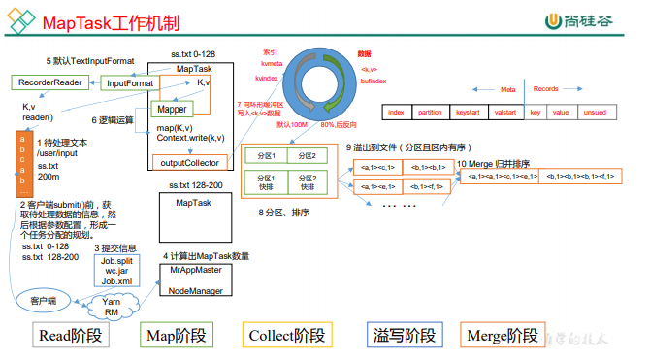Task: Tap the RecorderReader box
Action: click(x=48, y=83)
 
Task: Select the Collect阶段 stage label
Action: click(x=287, y=336)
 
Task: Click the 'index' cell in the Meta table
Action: click(x=395, y=113)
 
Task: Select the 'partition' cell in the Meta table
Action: click(x=430, y=113)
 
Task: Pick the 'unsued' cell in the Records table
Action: click(x=595, y=113)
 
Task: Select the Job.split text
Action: click(x=120, y=261)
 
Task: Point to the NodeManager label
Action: click(x=196, y=288)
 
